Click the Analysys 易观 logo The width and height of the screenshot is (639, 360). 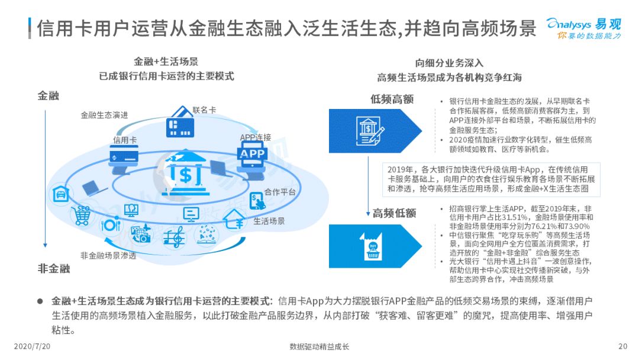coord(584,28)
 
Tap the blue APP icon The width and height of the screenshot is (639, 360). coord(252,154)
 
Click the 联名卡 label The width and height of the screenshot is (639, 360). coord(204,110)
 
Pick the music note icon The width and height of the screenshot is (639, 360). coord(173,236)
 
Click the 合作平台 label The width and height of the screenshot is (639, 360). coord(280,192)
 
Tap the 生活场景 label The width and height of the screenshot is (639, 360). coord(269,221)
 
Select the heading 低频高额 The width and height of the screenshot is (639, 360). coord(392,99)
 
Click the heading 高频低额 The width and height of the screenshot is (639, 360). coord(394,213)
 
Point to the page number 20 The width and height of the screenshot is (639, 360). coord(622,346)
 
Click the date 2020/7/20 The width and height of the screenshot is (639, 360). coord(32,346)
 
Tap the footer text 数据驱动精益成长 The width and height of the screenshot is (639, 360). coord(319,347)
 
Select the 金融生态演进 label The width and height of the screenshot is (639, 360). coord(104,115)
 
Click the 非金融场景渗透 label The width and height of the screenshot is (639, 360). coord(108,256)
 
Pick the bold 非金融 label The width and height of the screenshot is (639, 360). coord(54,269)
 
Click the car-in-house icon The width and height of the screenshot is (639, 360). coord(61,194)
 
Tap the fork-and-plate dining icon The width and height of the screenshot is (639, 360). coord(111,224)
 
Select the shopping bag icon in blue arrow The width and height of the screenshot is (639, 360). coord(372,246)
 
